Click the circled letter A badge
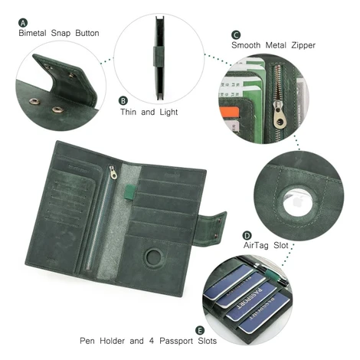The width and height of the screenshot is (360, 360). [x=23, y=23]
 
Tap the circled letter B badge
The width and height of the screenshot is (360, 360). [x=123, y=100]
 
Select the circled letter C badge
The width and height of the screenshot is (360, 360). [x=236, y=35]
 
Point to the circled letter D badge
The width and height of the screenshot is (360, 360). [x=247, y=235]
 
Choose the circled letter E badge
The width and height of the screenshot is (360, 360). [x=200, y=330]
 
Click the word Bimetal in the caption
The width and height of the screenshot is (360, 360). [x=32, y=33]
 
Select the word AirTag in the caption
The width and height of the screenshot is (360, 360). [x=256, y=245]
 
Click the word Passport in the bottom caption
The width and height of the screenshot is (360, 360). [x=176, y=341]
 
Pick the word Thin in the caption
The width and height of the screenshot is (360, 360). [x=129, y=112]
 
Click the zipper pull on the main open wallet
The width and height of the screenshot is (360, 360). [x=113, y=172]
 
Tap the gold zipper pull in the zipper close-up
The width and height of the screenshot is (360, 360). [x=279, y=114]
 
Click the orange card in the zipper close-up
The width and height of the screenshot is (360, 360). [x=229, y=113]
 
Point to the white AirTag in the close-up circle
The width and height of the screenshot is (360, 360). [x=297, y=202]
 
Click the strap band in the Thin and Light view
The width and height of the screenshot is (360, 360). [x=159, y=57]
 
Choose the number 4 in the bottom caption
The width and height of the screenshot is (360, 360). [x=152, y=341]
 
